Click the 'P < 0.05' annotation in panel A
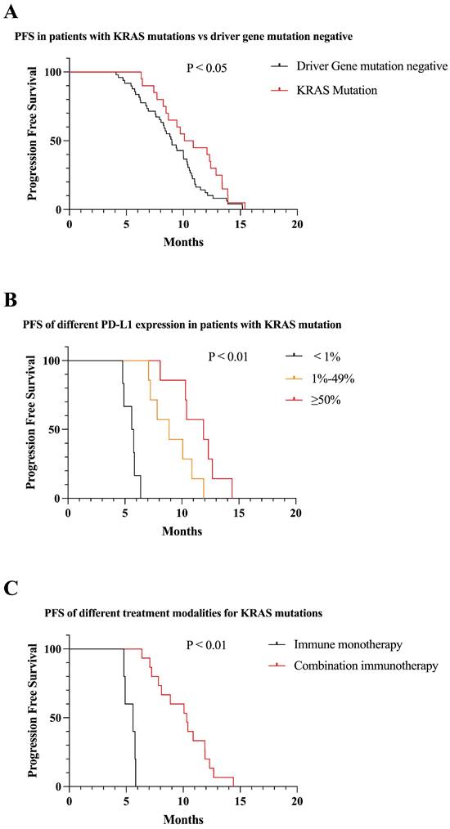tap(210, 67)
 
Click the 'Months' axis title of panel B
tap(182, 531)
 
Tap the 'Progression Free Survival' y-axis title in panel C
tap(33, 717)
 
